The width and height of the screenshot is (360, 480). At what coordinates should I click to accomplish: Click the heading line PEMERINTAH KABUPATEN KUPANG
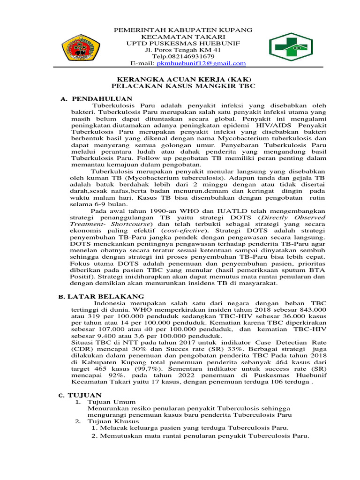(x=183, y=30)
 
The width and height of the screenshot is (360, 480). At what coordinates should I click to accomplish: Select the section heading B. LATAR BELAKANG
(x=101, y=297)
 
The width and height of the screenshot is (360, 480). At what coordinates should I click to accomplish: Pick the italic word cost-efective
(x=182, y=231)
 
